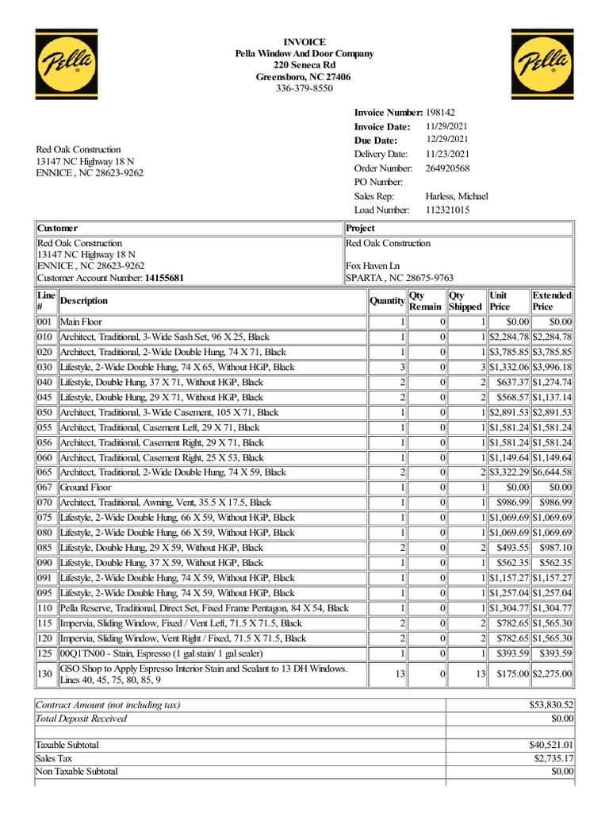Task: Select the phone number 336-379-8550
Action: (304, 89)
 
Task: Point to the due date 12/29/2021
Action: (447, 140)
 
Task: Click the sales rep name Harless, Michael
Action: (457, 196)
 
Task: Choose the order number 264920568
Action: (447, 168)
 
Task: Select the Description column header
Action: (84, 301)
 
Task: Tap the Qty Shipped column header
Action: (465, 301)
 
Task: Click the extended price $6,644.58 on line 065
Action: (552, 472)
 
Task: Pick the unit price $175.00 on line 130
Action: (508, 674)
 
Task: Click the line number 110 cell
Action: (45, 608)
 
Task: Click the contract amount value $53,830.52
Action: (551, 704)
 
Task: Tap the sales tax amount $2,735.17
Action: (553, 758)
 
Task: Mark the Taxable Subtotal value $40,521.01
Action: (551, 745)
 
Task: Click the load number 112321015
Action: (447, 210)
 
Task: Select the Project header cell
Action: (361, 229)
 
